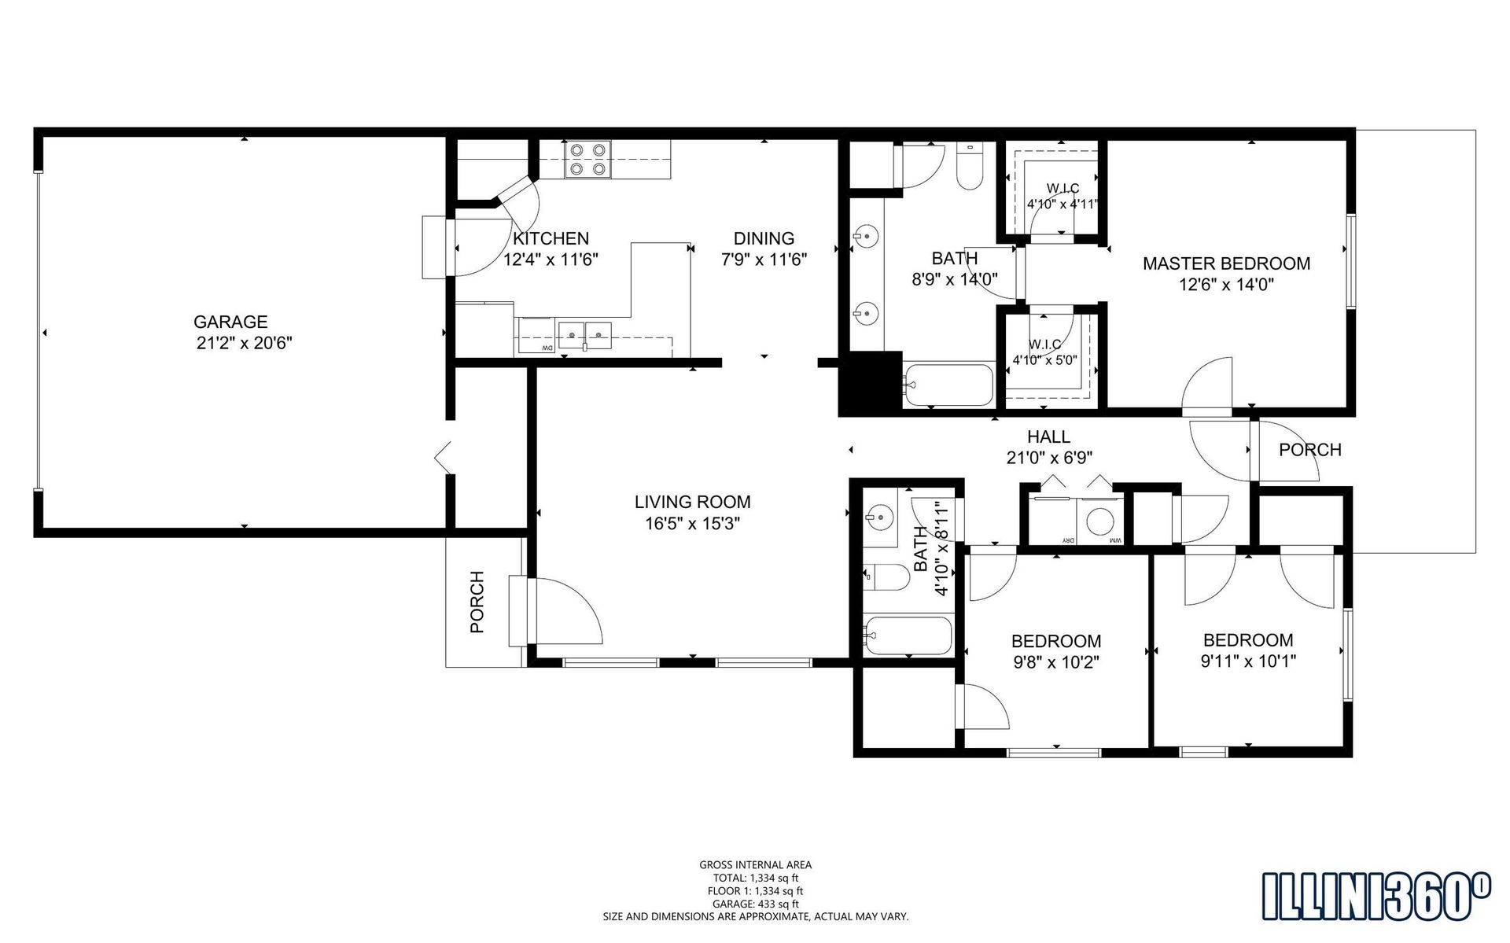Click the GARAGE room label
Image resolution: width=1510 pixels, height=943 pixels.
(230, 322)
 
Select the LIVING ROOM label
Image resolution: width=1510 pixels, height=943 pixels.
(692, 502)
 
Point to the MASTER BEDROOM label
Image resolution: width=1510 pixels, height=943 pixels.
(1226, 263)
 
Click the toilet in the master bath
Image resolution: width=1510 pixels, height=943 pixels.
(970, 166)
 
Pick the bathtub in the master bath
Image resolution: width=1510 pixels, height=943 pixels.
(948, 385)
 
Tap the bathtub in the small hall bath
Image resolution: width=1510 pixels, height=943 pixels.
(908, 635)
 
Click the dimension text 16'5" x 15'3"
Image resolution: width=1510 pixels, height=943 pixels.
(692, 524)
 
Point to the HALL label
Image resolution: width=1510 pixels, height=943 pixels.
(1048, 437)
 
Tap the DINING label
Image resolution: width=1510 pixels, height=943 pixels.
(764, 238)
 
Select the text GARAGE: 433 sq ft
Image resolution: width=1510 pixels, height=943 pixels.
(755, 904)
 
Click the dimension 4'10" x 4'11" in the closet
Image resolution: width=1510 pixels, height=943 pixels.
(1063, 204)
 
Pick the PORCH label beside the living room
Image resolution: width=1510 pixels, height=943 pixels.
(477, 602)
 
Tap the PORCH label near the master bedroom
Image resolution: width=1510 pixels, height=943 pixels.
(1310, 450)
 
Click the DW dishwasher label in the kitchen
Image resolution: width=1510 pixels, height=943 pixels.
(544, 348)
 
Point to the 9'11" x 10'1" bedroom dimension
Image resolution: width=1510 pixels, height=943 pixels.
(1248, 661)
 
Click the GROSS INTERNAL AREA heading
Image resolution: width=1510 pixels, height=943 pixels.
(755, 865)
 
